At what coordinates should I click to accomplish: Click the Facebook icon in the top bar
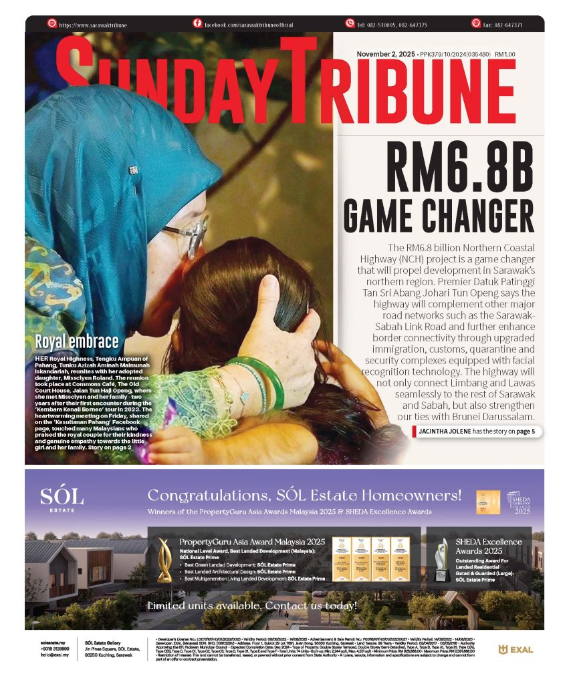pos(197,23)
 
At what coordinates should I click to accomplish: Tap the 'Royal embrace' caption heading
pos(77,343)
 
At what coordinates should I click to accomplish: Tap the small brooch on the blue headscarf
pos(134,170)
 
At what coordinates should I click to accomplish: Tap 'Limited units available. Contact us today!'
pos(252,606)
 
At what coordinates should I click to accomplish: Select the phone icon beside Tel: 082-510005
pos(349,23)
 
